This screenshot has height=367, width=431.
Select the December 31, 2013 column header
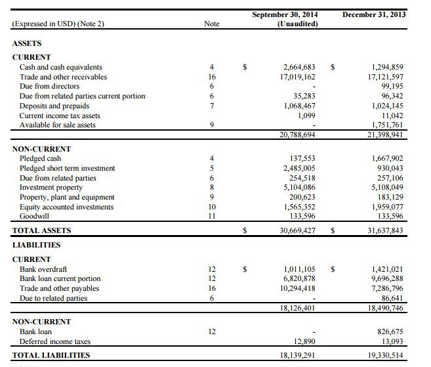click(374, 14)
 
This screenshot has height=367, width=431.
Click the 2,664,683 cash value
click(299, 67)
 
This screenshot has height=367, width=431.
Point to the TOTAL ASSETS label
click(42, 230)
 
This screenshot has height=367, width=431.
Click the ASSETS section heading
click(27, 43)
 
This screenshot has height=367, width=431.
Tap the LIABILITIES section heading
click(37, 245)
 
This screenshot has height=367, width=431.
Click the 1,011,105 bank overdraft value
click(299, 269)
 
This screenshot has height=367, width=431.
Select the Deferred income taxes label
click(55, 341)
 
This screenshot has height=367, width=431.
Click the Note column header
click(212, 24)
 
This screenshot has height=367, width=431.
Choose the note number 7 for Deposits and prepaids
click(212, 106)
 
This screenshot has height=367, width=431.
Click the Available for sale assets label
click(58, 125)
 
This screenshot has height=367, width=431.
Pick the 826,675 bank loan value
click(387, 332)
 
